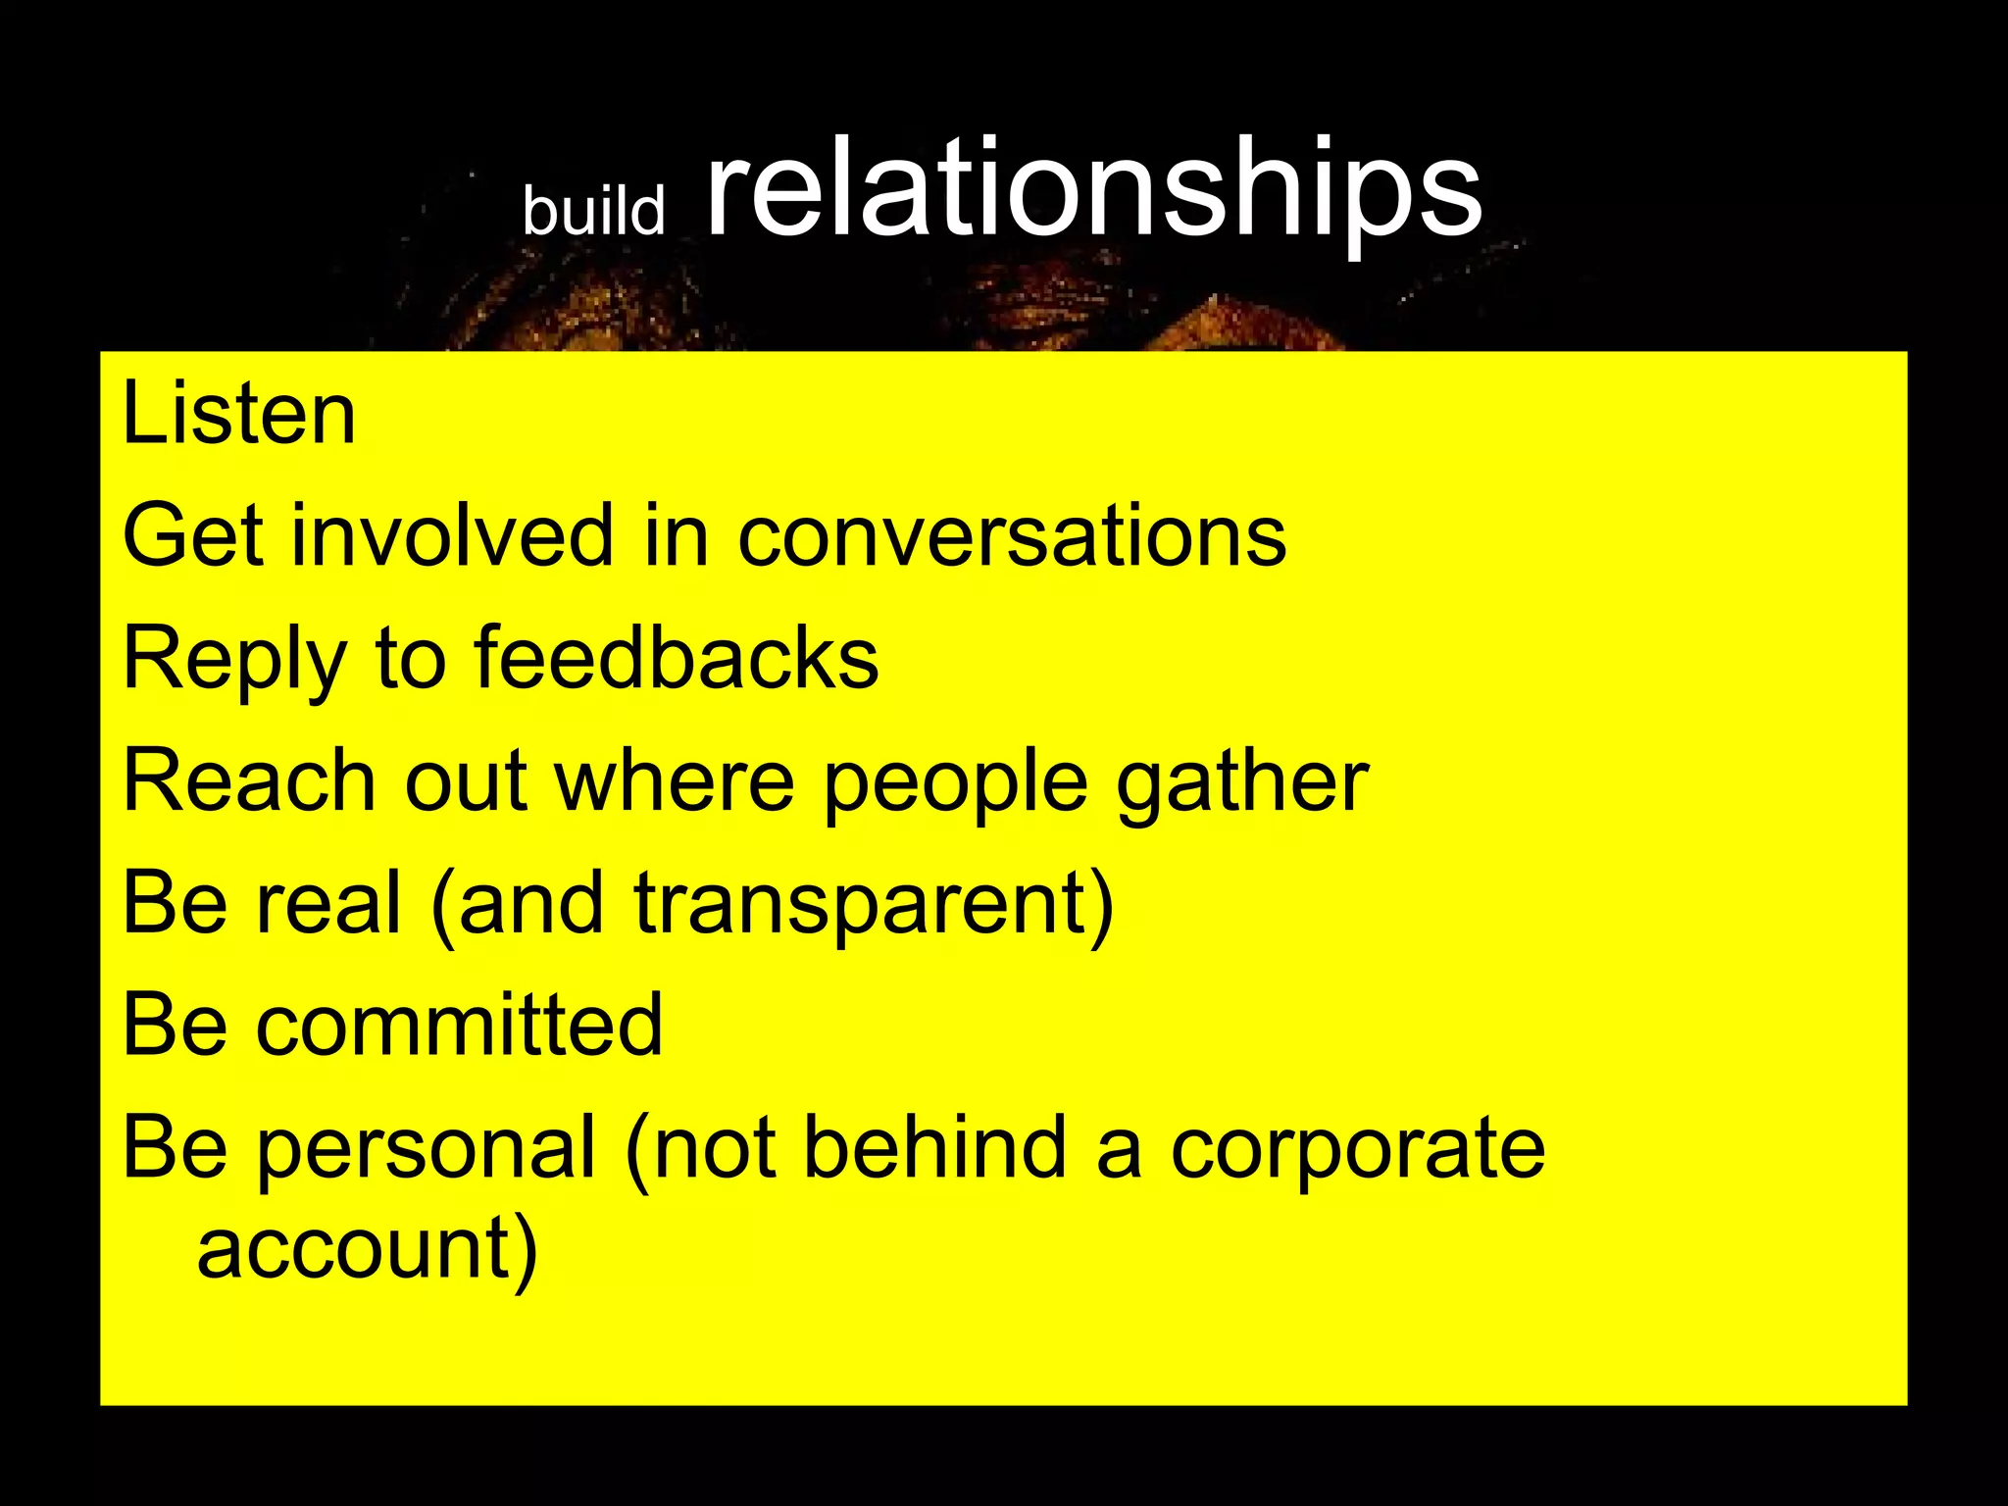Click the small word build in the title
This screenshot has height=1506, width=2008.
pos(593,210)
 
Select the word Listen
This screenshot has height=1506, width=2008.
pos(238,414)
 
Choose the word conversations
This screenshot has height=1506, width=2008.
pos(1011,537)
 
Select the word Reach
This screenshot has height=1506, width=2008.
pos(249,780)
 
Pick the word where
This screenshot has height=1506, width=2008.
pos(675,780)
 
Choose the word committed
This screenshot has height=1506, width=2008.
pos(459,1025)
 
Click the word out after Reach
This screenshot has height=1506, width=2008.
pos(466,782)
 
